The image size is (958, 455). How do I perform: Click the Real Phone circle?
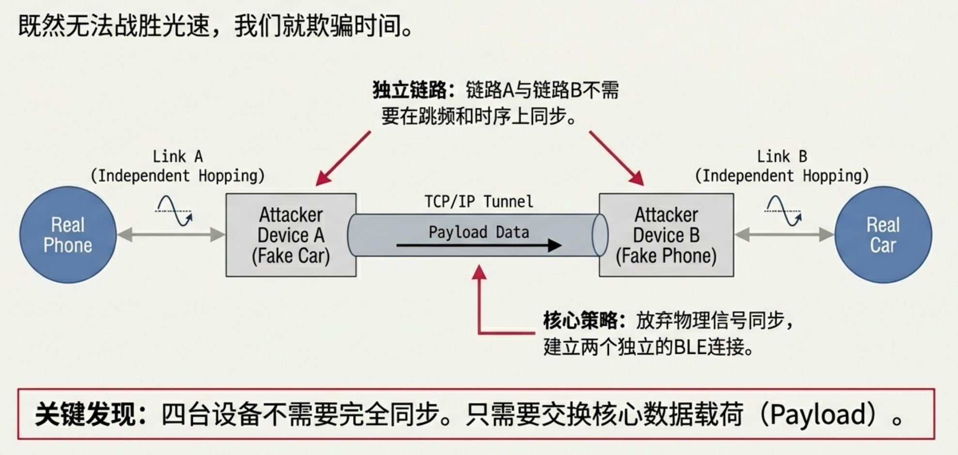point(68,235)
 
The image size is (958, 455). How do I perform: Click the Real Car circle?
point(883,235)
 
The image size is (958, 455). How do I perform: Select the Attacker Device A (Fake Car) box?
point(291,235)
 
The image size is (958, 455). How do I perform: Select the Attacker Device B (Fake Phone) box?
point(666,235)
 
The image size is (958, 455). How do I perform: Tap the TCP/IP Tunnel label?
point(479,201)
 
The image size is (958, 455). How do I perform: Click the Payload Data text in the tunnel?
point(479,232)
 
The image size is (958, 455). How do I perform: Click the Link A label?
point(177,157)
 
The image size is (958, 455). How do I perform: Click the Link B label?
point(782,157)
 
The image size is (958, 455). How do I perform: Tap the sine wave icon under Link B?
point(783,211)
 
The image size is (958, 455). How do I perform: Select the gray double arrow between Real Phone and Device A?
point(171,235)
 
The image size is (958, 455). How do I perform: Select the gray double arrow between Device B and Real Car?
point(784,235)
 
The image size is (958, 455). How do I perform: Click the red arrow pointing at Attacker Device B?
point(617,158)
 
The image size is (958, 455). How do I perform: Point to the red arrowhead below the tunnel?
point(479,272)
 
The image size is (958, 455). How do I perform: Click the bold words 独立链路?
point(410,90)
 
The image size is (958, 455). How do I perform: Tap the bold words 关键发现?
point(85,414)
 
